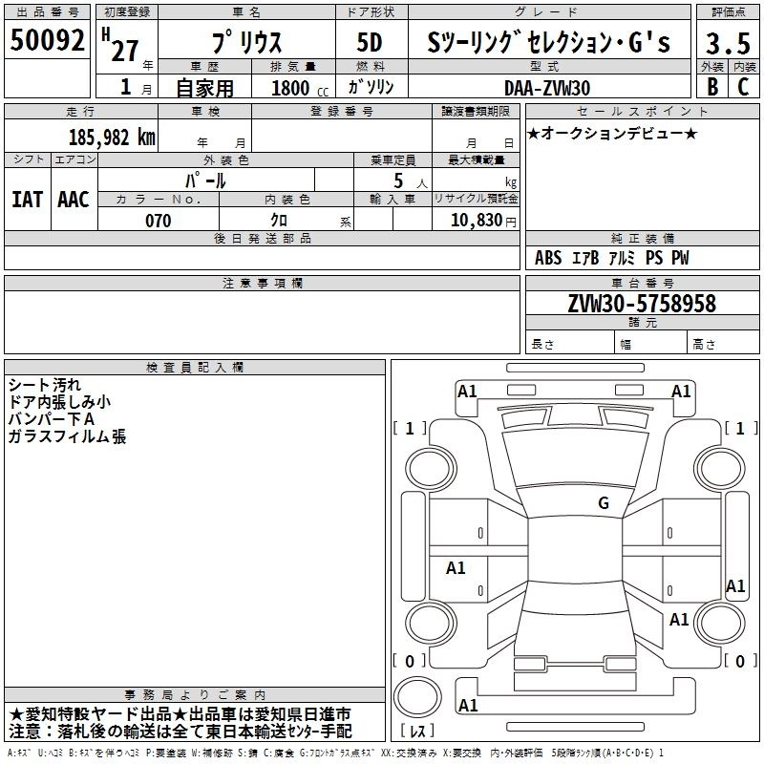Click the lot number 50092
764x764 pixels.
pos(49,42)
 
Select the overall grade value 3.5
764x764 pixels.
pos(725,43)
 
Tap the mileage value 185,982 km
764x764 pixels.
pos(111,138)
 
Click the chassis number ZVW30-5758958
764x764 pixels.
pos(641,304)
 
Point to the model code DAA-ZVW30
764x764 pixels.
pos(547,88)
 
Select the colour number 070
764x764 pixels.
pos(158,221)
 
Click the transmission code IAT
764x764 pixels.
pos(27,199)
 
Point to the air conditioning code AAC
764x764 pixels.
pos(74,199)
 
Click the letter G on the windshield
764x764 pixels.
pos(603,502)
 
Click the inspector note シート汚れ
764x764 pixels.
pos(44,385)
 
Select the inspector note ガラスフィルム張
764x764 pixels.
pos(67,436)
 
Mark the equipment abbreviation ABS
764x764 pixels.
pos(548,258)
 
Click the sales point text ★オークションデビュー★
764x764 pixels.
pos(612,133)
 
